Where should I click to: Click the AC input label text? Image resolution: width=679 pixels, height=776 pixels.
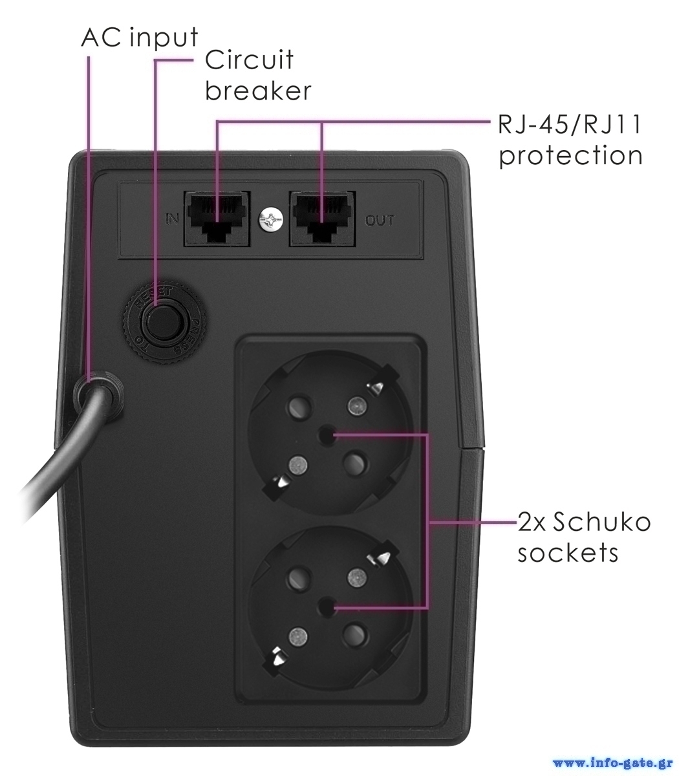pos(139,38)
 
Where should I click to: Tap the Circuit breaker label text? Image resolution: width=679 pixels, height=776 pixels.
pos(257,75)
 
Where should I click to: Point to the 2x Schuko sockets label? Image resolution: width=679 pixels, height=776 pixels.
pos(582,538)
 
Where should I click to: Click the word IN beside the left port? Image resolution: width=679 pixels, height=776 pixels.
pos(172,219)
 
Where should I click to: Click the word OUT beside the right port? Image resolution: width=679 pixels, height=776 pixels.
pos(380,221)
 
